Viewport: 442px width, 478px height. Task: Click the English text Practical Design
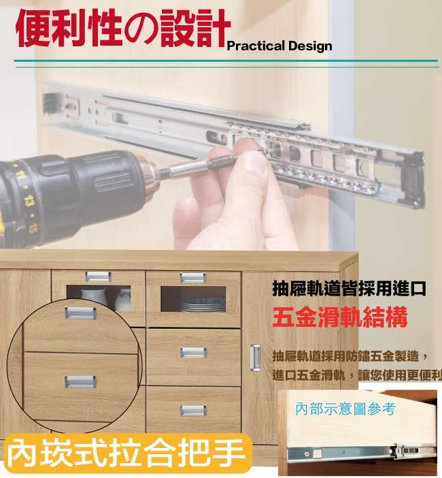(x=279, y=46)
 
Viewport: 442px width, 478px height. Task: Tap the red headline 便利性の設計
(x=122, y=28)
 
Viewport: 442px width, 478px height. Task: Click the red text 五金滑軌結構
(x=340, y=317)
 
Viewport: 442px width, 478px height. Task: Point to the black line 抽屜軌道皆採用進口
(x=349, y=289)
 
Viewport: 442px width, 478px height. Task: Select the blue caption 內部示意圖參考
(x=345, y=409)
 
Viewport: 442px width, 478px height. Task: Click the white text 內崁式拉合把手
(x=126, y=453)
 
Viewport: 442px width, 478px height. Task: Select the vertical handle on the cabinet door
(x=255, y=357)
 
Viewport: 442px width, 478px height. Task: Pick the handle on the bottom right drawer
(x=193, y=411)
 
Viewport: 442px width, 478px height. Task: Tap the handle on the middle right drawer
(x=193, y=353)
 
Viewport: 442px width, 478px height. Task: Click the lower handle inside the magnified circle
(x=80, y=382)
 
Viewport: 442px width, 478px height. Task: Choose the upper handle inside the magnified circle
(x=80, y=313)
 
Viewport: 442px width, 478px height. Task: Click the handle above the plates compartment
(x=193, y=278)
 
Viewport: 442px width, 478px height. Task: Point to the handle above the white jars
(x=98, y=277)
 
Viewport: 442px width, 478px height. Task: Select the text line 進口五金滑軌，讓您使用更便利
(x=357, y=375)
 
